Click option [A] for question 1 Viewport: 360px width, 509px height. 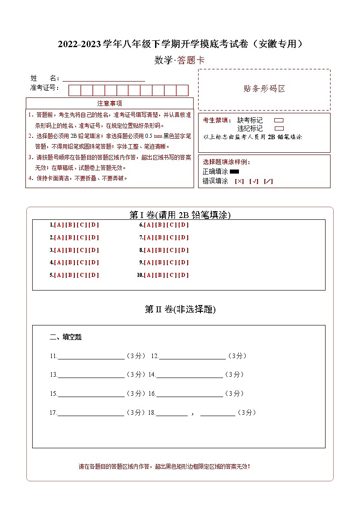pos(59,225)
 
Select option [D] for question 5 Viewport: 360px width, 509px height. pos(93,275)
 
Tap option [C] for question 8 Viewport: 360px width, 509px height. pos(172,250)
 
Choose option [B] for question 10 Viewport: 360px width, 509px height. pos(161,275)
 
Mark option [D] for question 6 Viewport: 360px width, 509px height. pos(184,225)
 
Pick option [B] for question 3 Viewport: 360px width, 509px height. pos(70,250)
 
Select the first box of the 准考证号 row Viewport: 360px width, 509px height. pos(74,90)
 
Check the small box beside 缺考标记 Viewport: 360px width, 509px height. pos(279,121)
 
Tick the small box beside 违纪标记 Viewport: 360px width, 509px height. pos(279,128)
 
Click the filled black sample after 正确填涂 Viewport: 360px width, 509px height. pos(234,172)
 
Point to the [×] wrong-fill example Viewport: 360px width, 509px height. pos(239,181)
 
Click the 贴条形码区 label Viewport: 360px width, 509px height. pos(264,89)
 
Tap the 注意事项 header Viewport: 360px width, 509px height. pos(110,103)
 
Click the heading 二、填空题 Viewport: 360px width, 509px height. pos(66,337)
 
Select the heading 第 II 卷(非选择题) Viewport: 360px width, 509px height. pos(180,310)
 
